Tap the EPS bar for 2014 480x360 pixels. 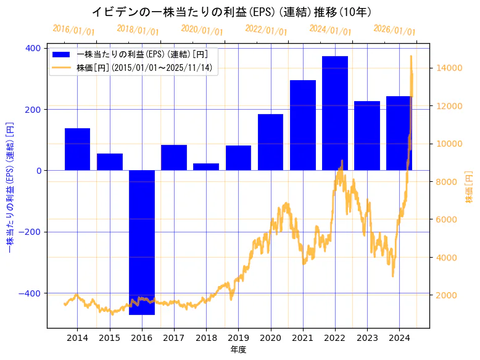click(77, 149)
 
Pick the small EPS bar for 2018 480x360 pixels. click(206, 167)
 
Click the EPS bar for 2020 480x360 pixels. click(271, 142)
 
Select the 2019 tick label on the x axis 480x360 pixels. click(238, 338)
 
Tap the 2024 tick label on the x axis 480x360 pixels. click(399, 338)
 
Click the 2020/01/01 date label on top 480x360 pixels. click(202, 30)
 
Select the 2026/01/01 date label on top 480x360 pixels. click(394, 30)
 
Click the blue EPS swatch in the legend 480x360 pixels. click(61, 54)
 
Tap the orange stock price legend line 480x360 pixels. click(61, 68)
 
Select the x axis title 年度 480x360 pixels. click(238, 350)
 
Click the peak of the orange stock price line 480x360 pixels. click(411, 56)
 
